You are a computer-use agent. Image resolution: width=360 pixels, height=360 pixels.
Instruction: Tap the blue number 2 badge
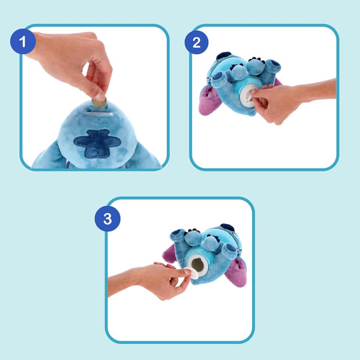192,42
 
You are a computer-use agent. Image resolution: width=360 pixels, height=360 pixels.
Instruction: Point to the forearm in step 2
317,90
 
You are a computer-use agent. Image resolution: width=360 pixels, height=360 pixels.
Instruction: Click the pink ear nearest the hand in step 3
171,253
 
